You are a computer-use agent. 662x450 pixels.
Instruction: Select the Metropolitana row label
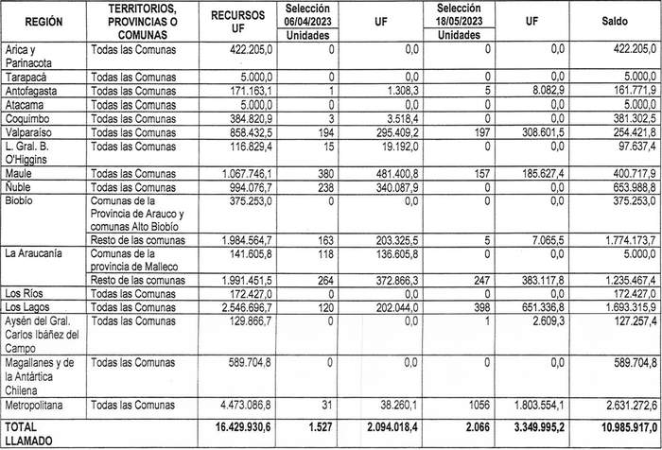36,406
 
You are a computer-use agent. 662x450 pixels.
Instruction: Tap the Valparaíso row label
27,134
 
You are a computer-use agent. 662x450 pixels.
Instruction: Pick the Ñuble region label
19,188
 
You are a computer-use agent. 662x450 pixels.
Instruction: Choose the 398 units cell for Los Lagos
481,307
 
